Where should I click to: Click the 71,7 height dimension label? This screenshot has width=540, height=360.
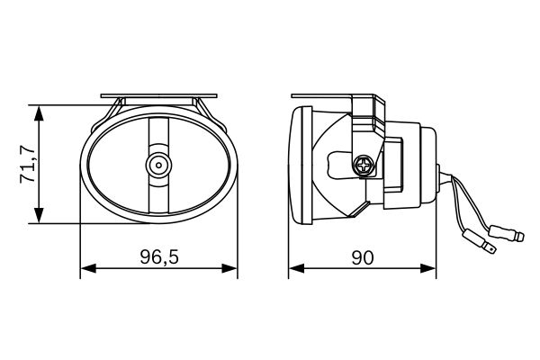28,165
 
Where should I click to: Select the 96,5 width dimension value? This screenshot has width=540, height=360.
159,256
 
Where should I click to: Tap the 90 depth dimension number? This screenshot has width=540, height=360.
363,257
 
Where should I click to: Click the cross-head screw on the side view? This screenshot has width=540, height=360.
364,166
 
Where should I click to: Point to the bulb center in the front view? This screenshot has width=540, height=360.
158,166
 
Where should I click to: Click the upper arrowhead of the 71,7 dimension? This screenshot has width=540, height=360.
40,113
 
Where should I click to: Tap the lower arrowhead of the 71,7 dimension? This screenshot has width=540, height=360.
40,215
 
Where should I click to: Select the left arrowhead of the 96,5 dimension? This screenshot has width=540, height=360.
88,268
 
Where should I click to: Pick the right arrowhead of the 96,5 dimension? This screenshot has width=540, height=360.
229,268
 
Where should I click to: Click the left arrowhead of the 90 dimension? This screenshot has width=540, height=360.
296,268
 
